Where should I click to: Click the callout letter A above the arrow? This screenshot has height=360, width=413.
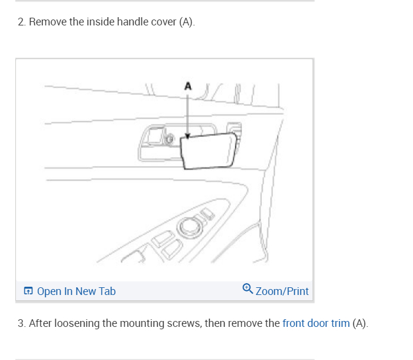188,86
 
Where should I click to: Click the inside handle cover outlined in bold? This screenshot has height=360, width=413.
210,150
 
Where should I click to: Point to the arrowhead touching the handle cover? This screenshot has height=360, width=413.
187,136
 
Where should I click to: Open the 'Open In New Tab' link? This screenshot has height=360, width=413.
76,291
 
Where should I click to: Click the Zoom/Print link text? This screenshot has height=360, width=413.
282,291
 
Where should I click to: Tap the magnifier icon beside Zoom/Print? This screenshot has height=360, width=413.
248,289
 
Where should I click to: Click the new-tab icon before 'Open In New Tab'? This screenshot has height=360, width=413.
28,291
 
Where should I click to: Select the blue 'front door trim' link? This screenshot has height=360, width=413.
316,323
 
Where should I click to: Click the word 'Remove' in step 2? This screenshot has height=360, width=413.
45,22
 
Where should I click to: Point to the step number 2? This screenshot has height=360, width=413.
21,22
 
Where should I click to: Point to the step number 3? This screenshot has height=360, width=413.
21,323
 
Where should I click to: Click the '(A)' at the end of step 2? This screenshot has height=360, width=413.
186,22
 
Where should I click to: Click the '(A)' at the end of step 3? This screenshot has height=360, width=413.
360,323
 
